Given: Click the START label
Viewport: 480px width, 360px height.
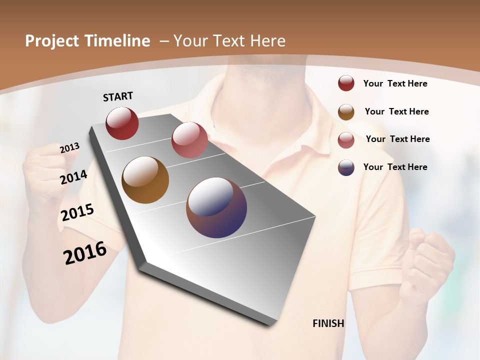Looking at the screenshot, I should pyautogui.click(x=118, y=96).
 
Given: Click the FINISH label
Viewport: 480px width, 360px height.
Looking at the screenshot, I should pyautogui.click(x=328, y=323).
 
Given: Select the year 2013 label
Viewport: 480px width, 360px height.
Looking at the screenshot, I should pyautogui.click(x=69, y=148).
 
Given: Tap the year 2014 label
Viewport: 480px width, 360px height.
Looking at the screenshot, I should pyautogui.click(x=74, y=177).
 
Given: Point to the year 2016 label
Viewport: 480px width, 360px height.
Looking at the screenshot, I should pyautogui.click(x=85, y=253).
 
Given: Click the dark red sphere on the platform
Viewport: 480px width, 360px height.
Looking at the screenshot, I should pyautogui.click(x=122, y=123).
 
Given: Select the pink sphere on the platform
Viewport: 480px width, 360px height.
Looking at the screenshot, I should pyautogui.click(x=189, y=140).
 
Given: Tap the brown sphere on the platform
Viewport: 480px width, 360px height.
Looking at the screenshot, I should pyautogui.click(x=145, y=180).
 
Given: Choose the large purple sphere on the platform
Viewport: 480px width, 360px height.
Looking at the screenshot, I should pyautogui.click(x=216, y=207).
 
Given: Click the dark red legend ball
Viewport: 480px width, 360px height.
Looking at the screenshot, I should pyautogui.click(x=346, y=83).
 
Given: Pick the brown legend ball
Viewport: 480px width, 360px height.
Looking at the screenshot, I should pyautogui.click(x=346, y=112).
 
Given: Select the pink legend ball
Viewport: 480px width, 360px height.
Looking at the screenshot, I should pyautogui.click(x=346, y=139).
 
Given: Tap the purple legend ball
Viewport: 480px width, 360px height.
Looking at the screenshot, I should pyautogui.click(x=346, y=167).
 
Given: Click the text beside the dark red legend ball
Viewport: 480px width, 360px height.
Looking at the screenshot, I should pyautogui.click(x=395, y=83).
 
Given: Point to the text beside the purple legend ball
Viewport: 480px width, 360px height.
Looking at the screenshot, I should pyautogui.click(x=395, y=167).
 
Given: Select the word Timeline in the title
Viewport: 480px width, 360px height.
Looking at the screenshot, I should pyautogui.click(x=117, y=41).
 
